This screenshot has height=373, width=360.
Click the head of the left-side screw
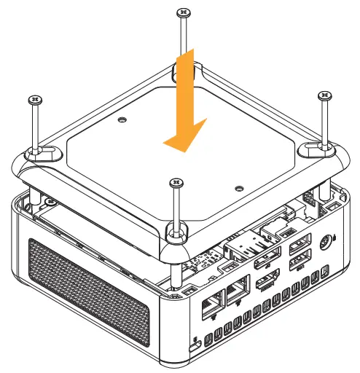tap(33, 98)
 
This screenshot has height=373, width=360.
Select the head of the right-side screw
tap(324, 95)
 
